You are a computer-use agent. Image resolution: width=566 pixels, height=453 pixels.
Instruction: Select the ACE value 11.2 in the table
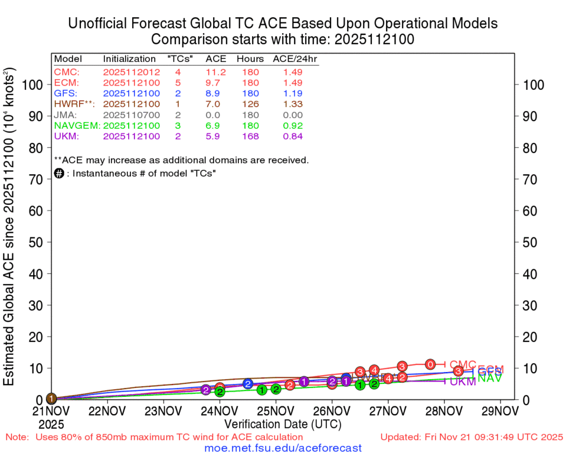tap(212, 72)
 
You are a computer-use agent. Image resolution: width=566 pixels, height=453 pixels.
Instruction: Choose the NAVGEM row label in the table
tap(77, 126)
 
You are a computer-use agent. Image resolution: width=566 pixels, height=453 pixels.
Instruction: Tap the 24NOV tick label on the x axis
tap(220, 410)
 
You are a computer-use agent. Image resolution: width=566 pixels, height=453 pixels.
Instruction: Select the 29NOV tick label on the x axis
tap(500, 410)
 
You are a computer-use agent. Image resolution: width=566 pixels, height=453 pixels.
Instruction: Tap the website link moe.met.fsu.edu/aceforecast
tap(283, 448)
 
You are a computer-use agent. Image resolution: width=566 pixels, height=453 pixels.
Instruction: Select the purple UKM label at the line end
tap(463, 382)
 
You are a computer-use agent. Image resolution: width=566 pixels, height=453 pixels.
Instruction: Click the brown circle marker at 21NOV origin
tap(51, 399)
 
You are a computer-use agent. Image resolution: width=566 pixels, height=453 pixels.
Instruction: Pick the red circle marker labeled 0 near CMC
tap(431, 364)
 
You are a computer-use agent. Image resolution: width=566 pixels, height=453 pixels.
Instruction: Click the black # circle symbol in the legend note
tap(59, 173)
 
